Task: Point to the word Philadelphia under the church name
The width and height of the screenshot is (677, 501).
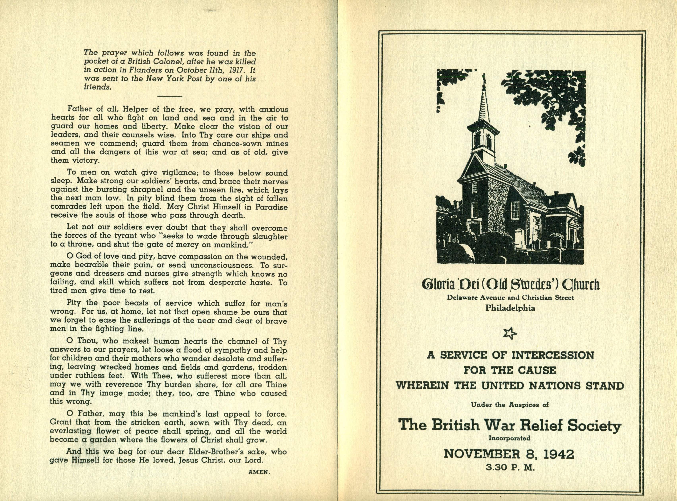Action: pyautogui.click(x=510, y=308)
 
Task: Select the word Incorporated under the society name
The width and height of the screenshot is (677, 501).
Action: pyautogui.click(x=510, y=438)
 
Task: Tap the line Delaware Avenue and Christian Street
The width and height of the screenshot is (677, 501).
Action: pyautogui.click(x=510, y=298)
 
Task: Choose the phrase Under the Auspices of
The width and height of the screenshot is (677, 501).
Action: pyautogui.click(x=510, y=405)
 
